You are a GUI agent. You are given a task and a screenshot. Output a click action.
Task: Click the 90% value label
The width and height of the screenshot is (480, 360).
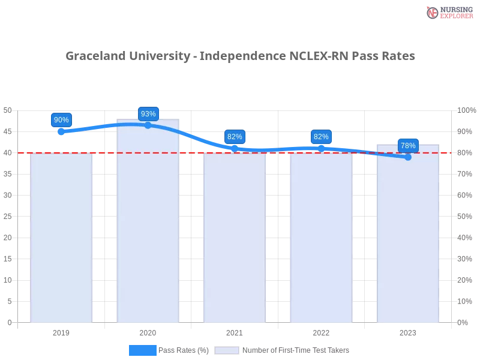61,119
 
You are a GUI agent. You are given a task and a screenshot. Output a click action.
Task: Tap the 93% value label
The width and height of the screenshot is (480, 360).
148,113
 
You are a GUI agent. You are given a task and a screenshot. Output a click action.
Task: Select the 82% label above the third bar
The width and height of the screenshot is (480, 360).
235,136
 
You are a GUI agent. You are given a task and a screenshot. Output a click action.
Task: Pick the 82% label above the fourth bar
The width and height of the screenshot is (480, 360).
321,136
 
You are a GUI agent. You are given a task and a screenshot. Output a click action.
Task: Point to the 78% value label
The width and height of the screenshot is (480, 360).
408,145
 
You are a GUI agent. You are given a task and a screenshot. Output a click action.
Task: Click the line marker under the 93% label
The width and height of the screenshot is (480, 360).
148,125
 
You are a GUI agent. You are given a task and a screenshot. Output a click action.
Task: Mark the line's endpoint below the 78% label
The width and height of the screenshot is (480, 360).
408,157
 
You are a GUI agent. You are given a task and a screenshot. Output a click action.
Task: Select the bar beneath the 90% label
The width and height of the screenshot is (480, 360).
62,240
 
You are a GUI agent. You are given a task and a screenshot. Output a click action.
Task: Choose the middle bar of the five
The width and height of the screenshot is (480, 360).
235,240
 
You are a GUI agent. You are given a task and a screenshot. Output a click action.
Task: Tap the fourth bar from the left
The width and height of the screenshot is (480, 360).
321,240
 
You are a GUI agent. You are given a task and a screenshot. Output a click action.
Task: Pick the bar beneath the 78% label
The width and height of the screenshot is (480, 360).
408,237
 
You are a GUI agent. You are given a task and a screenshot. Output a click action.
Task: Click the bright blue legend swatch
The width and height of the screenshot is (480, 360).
143,350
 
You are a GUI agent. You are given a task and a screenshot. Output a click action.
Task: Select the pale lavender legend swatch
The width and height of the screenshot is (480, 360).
227,350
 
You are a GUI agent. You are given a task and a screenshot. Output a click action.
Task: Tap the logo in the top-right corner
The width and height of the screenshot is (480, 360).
448,12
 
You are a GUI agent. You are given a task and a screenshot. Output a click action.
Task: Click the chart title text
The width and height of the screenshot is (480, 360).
240,57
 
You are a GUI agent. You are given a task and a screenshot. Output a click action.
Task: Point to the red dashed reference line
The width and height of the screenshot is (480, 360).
276,152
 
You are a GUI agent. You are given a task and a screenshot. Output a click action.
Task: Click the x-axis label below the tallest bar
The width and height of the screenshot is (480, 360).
148,332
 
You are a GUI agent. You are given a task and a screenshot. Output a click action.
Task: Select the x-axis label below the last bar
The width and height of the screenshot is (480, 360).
408,332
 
